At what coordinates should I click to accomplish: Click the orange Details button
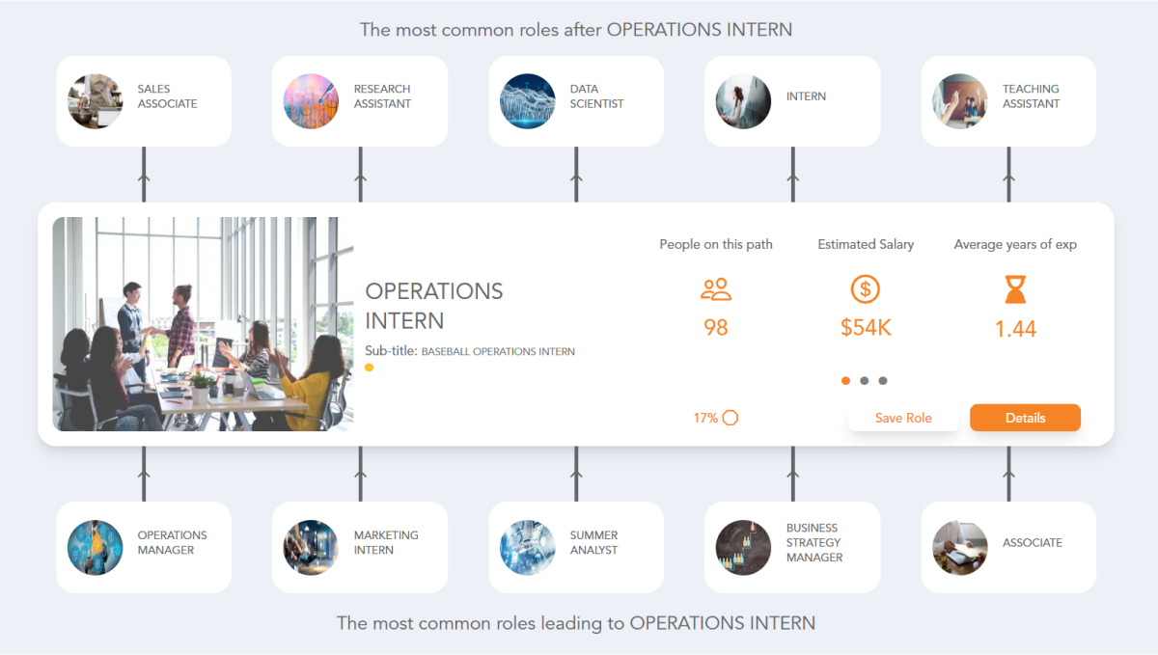tap(1025, 418)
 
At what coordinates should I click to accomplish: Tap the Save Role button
tap(903, 418)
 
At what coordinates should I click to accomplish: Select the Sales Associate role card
tap(144, 101)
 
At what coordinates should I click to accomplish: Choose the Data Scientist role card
tap(576, 101)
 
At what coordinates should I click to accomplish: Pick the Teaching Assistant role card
tap(1008, 101)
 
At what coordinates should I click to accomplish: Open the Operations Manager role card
tap(144, 547)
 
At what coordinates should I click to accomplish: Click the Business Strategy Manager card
tap(792, 547)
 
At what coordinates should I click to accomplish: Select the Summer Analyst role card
tap(576, 547)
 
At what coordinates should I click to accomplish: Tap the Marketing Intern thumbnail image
tap(311, 548)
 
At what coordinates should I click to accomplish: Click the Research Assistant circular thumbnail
tap(311, 101)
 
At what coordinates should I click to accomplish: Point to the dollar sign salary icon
tap(866, 288)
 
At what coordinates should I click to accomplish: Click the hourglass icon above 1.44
tap(1015, 289)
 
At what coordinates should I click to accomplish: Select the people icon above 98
tap(716, 288)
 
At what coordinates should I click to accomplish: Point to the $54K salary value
tap(866, 328)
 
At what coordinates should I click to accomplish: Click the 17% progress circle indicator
tap(731, 418)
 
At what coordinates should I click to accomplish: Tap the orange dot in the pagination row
tap(846, 381)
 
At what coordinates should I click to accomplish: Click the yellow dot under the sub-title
tap(370, 368)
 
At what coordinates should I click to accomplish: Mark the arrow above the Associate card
tap(1008, 473)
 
